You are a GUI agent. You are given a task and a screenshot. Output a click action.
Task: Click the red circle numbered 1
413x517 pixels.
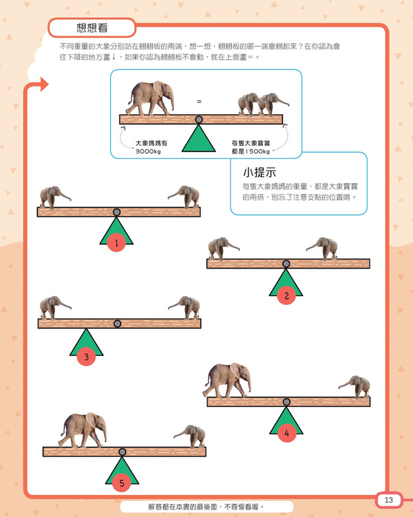pos(116,243)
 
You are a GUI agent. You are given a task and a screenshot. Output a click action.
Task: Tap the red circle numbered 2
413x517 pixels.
pos(286,295)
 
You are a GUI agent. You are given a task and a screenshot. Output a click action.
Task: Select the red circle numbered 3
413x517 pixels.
pos(86,357)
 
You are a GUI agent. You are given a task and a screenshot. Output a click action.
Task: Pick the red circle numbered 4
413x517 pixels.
pos(287,432)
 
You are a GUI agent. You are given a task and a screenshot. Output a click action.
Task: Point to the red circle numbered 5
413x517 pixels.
pos(122,483)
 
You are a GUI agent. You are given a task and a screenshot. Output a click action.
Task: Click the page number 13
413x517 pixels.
pos(389,500)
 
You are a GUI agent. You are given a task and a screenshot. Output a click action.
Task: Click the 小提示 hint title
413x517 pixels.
pos(260,172)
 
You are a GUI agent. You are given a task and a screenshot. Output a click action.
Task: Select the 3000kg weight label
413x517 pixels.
pos(148,151)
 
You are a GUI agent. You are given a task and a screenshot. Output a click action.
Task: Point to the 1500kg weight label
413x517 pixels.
pos(251,151)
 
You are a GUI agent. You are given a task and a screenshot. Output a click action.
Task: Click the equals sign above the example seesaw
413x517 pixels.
pos(199,102)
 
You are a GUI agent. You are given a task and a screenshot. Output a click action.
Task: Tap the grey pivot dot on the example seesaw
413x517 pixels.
pos(199,119)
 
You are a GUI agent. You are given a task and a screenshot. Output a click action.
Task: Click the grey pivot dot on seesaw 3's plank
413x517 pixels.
pos(117,324)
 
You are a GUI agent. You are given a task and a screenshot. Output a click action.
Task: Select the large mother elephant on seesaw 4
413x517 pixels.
pos(227,380)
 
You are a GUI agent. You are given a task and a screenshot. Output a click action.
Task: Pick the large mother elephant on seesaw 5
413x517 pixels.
pos(83,430)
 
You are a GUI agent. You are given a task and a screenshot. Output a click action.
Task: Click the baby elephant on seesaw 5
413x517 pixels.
pos(191,436)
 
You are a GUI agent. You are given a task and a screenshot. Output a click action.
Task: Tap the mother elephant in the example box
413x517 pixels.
pos(150,98)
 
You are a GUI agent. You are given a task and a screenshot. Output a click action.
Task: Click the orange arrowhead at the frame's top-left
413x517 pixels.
pos(45,84)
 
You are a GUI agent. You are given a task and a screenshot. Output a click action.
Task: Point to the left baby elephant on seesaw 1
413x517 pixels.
pos(54,197)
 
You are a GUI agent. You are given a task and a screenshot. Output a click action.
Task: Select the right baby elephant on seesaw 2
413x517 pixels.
pos(322,249)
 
